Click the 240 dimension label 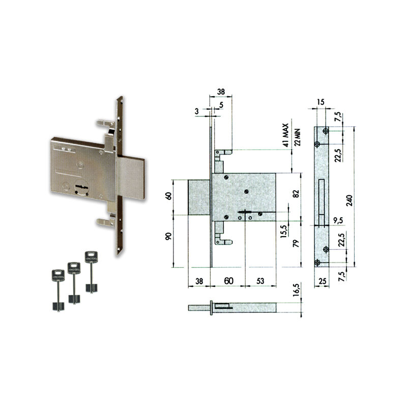[350, 200]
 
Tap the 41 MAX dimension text [285, 135]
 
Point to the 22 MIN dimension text [298, 137]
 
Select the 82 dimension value [296, 194]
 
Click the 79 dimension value [296, 244]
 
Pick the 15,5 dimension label [284, 231]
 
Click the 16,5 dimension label [297, 289]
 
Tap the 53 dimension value [260, 281]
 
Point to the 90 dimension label [168, 236]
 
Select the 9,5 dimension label [338, 221]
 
